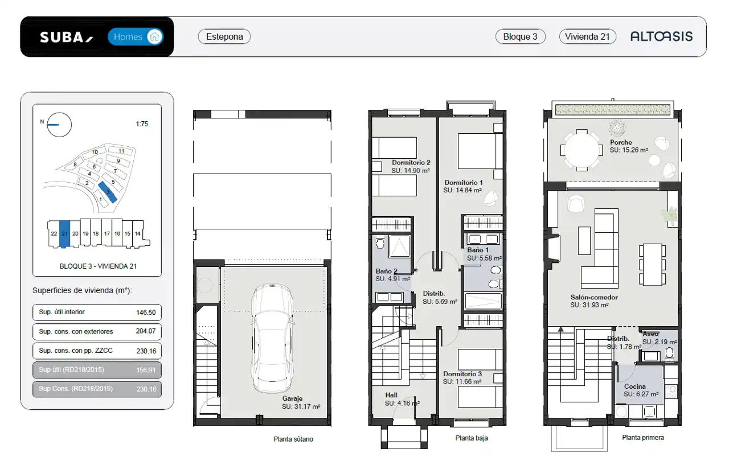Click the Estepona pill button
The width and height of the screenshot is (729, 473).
click(x=224, y=36)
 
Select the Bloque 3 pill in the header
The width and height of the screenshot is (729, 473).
click(x=520, y=36)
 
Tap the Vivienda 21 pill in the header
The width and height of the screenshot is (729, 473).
click(x=587, y=36)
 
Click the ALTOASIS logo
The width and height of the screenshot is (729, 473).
click(x=661, y=36)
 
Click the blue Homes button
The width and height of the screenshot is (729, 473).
click(x=136, y=37)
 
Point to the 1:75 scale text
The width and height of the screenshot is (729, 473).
click(x=142, y=124)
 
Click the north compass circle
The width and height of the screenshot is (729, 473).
click(x=59, y=125)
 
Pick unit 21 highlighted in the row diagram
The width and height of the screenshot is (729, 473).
click(x=65, y=234)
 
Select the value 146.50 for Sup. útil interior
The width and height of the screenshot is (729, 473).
click(x=146, y=312)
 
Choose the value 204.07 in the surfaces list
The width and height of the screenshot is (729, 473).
click(x=146, y=331)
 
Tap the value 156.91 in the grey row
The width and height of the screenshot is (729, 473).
click(x=146, y=370)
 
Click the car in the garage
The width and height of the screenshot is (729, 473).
click(x=272, y=338)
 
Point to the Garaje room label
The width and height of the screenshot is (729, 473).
click(x=292, y=398)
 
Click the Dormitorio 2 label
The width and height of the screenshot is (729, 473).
click(x=411, y=162)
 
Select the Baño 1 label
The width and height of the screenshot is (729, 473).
click(x=478, y=250)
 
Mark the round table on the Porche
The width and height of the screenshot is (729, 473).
click(x=581, y=150)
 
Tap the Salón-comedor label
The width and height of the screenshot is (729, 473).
click(x=594, y=297)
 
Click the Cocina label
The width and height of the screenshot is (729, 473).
click(x=634, y=386)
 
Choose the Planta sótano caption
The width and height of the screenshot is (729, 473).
click(x=293, y=439)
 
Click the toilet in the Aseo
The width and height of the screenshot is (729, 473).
click(x=669, y=353)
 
